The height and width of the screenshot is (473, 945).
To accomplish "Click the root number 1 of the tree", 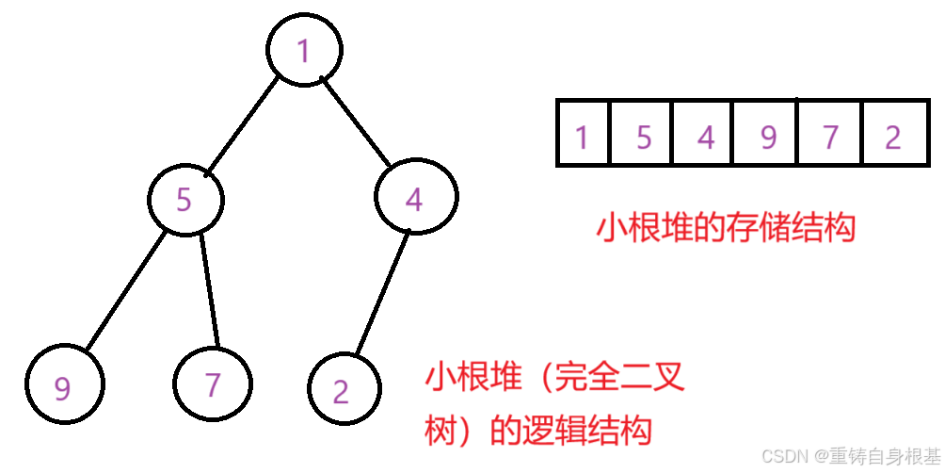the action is [x=303, y=52].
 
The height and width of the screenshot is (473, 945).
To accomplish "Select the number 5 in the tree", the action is [x=184, y=201].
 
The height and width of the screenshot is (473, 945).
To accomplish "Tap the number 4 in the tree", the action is [x=414, y=200].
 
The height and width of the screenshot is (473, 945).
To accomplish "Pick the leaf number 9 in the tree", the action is [x=62, y=389].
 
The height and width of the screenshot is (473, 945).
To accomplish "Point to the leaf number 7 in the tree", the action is [x=214, y=385].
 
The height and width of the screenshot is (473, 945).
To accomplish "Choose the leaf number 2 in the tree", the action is [x=341, y=392].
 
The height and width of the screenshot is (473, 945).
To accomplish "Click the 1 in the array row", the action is [x=582, y=139].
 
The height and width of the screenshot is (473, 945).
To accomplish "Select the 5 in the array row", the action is [x=644, y=139].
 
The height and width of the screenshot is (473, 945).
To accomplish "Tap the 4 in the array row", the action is [x=706, y=139].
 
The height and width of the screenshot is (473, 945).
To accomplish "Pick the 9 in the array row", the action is [x=769, y=139].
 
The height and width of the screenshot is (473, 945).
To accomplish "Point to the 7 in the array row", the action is [x=830, y=139].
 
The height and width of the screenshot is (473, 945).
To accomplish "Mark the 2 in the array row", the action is [x=893, y=139].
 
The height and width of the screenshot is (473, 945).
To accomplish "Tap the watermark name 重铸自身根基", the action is [x=885, y=456].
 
